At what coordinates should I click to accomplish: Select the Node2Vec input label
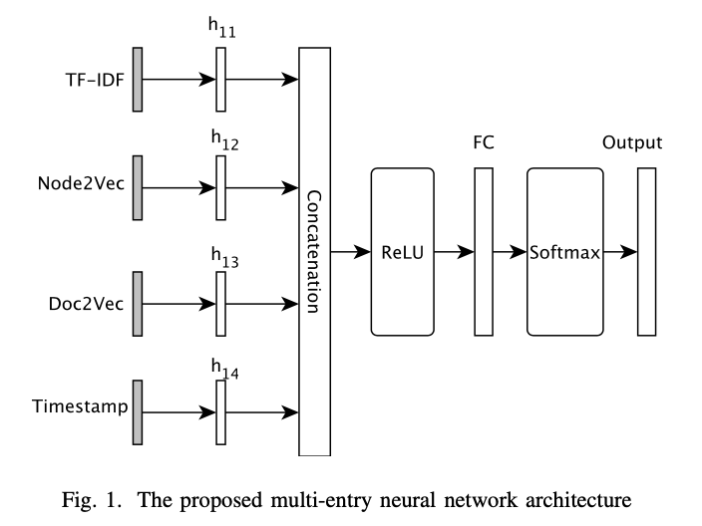(x=84, y=187)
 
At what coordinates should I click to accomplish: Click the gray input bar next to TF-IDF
(x=137, y=78)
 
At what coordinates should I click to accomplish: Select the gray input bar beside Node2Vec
(x=137, y=186)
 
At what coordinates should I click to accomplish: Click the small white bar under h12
(x=220, y=186)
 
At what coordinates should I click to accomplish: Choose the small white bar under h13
(x=220, y=302)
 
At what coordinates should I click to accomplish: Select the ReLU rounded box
(x=402, y=252)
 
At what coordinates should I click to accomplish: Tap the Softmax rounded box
(x=564, y=252)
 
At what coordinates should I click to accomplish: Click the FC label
(x=484, y=142)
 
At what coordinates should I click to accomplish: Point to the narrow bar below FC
(x=484, y=252)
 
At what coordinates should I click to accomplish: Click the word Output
(x=632, y=142)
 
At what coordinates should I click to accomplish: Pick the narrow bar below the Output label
(x=646, y=252)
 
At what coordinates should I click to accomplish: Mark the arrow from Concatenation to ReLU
(x=348, y=252)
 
